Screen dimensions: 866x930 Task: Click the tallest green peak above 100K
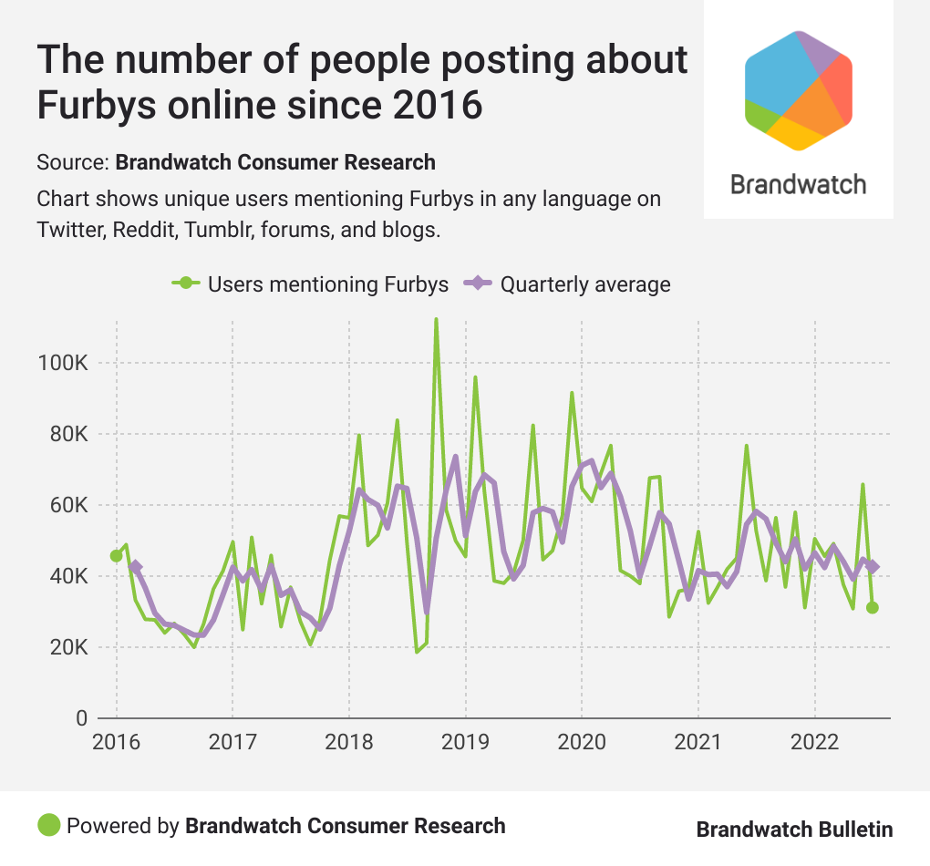point(436,320)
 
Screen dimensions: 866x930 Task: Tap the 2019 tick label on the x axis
point(465,740)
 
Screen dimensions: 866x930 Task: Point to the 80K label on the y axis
point(67,434)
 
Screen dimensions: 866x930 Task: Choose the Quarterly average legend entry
point(569,284)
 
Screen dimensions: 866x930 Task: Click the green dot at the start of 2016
point(116,555)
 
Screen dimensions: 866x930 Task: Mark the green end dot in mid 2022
point(873,608)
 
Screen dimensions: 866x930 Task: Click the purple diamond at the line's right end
point(873,567)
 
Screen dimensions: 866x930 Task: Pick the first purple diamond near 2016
point(136,567)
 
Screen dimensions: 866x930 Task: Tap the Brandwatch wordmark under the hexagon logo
point(799,184)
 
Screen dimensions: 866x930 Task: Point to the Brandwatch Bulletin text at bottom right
point(794,829)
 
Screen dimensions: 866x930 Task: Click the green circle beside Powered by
point(49,826)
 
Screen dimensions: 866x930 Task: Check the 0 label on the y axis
point(81,718)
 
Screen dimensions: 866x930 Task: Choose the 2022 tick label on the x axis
point(814,740)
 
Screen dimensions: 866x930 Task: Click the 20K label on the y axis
point(67,647)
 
